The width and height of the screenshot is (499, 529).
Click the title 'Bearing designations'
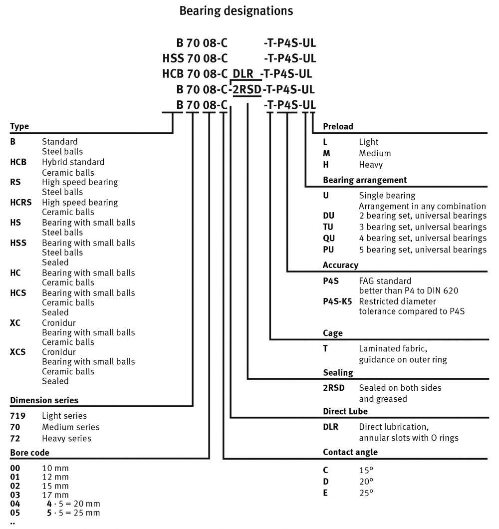pos(236,10)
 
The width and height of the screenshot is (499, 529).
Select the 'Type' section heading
pos(19,126)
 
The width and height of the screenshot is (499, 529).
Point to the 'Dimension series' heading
pos(44,400)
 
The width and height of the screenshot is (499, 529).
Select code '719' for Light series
pos(17,416)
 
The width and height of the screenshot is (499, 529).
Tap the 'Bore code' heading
pos(29,453)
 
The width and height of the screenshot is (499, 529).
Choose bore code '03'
pos(15,495)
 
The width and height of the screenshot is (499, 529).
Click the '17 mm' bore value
pos(55,495)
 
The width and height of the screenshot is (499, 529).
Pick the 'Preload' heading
pos(338,126)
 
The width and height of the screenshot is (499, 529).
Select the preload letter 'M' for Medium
pos(326,153)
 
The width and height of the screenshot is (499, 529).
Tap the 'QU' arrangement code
pos(329,238)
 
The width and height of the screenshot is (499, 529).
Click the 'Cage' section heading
pos(333,333)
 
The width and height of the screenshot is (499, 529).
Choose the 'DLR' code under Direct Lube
pos(330,427)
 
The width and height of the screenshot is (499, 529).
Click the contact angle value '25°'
pos(366,493)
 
